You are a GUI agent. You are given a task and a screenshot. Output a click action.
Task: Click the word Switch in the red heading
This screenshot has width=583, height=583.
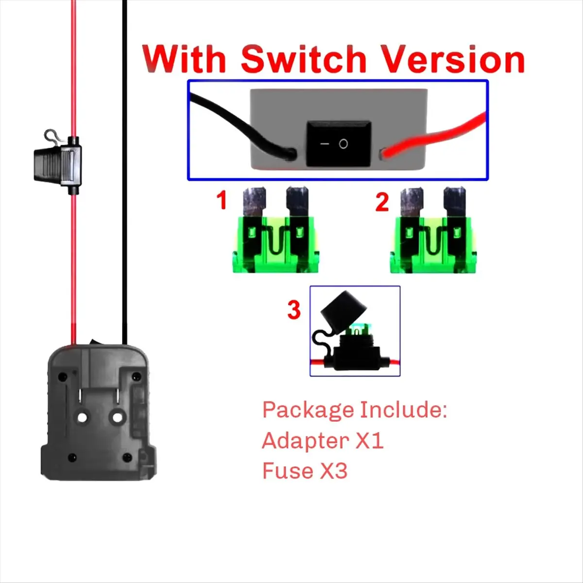click(303, 59)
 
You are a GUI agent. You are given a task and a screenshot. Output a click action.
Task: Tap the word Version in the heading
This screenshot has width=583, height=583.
click(452, 59)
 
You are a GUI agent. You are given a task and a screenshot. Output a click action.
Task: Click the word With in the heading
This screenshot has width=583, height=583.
click(185, 59)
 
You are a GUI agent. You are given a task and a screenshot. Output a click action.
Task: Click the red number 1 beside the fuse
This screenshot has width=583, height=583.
click(222, 200)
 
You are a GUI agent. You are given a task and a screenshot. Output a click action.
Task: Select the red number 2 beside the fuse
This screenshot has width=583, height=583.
click(382, 202)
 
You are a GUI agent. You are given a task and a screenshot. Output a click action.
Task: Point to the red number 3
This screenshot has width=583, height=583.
click(294, 309)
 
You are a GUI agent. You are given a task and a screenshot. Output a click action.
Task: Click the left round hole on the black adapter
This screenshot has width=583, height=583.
click(82, 417)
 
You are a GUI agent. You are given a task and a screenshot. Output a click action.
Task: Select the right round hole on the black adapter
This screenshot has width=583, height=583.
click(117, 417)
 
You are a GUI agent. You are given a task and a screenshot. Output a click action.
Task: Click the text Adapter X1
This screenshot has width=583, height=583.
click(323, 441)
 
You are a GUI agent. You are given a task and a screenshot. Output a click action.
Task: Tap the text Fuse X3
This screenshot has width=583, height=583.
click(305, 471)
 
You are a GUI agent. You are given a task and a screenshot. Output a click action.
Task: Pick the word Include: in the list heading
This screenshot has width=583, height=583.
click(403, 410)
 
